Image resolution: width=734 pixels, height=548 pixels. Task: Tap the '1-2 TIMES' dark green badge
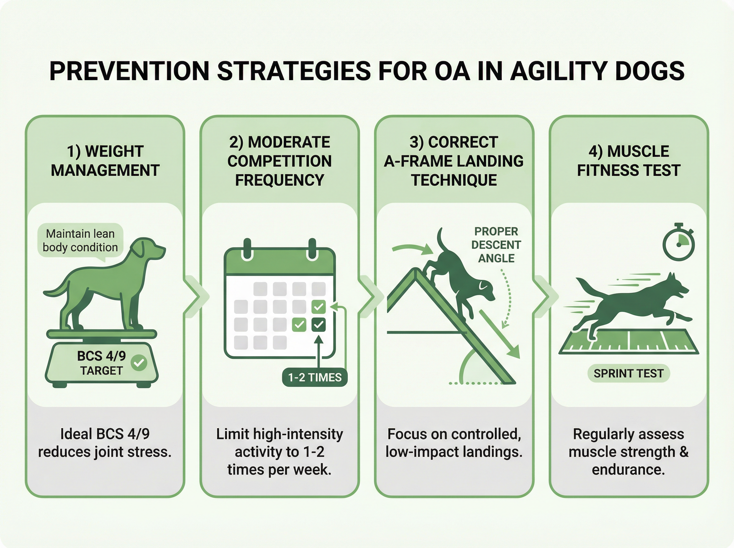(314, 377)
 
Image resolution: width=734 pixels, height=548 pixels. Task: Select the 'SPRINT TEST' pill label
(628, 373)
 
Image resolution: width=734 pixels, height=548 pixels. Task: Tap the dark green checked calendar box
(318, 324)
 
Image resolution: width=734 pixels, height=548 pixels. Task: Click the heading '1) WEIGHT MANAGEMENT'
(105, 161)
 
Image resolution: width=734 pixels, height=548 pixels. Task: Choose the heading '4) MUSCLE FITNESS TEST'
(628, 161)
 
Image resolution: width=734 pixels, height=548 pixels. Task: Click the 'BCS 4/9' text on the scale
(102, 356)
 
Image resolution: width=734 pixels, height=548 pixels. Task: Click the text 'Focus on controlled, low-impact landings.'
(454, 443)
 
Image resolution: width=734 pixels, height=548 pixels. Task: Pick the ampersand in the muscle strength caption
(684, 452)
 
